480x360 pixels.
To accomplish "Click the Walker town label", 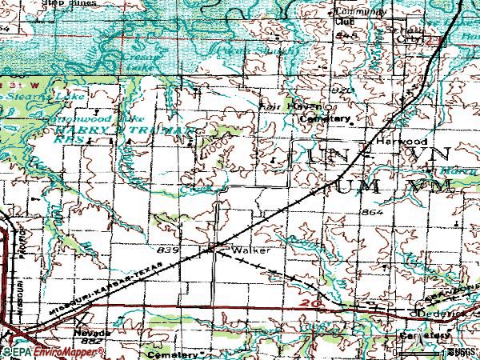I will pos(246,250).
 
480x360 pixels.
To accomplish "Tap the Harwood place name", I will pos(392,140).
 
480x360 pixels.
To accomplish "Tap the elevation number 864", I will pos(372,213).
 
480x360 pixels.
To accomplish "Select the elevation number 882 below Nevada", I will pos(93,341).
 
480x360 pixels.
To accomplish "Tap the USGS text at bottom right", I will pos(461,352).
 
